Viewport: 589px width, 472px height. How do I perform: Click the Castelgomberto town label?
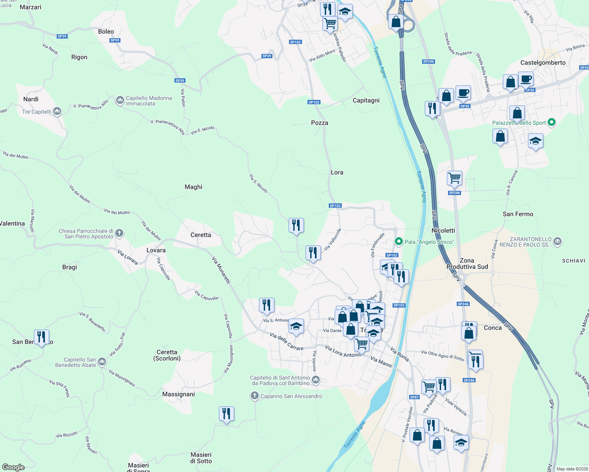[543, 63]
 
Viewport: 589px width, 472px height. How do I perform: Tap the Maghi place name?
[193, 187]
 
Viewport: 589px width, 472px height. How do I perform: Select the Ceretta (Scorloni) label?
[167, 355]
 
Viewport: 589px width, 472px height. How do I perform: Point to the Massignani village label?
[178, 394]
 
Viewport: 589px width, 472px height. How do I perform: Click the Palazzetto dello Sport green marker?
[552, 122]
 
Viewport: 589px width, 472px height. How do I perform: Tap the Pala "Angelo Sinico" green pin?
[398, 242]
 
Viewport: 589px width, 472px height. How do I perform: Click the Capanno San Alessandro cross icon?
[254, 396]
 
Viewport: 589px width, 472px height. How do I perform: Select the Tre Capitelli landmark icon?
[57, 111]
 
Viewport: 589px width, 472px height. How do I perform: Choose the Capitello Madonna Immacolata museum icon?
[120, 100]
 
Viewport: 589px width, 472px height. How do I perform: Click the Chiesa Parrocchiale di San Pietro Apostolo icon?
[119, 233]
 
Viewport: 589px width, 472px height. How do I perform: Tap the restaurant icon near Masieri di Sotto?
[226, 414]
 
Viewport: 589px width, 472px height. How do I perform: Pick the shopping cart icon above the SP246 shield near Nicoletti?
[454, 178]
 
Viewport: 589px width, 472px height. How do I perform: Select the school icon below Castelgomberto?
[535, 141]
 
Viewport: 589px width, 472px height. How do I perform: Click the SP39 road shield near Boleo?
[115, 40]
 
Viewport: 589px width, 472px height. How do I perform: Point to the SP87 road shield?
[415, 397]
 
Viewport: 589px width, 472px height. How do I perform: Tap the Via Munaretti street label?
[221, 270]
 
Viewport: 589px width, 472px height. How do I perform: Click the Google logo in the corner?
[13, 467]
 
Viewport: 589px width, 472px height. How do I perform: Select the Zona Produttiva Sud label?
[467, 264]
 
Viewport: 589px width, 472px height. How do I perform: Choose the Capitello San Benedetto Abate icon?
[102, 361]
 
